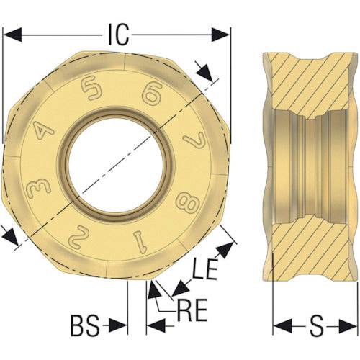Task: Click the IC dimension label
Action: (118, 34)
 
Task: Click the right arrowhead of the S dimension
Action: (351, 327)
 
